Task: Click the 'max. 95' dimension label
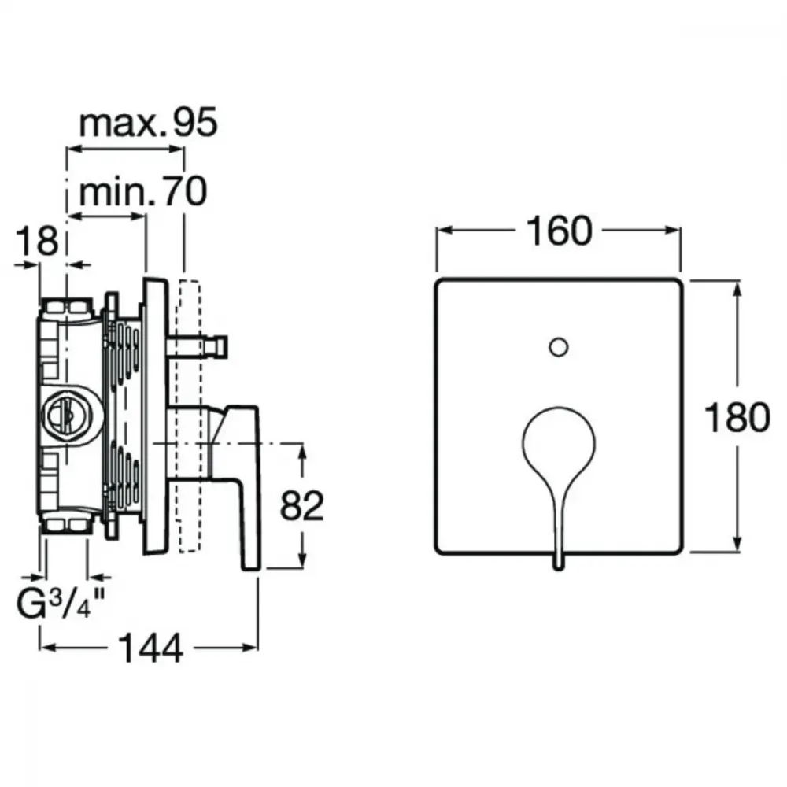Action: (x=149, y=122)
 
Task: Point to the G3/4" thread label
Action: (x=61, y=604)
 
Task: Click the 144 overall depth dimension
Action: (x=150, y=648)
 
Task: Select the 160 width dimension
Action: (x=559, y=231)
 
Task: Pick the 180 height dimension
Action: (x=737, y=418)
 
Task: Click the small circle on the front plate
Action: (x=559, y=347)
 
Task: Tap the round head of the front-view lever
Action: (x=559, y=442)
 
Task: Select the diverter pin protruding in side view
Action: (x=198, y=347)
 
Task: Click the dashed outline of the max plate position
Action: (x=189, y=416)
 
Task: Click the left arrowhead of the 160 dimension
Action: (x=444, y=231)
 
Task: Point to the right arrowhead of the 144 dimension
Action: (x=250, y=648)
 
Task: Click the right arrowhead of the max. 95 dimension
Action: (x=176, y=149)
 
